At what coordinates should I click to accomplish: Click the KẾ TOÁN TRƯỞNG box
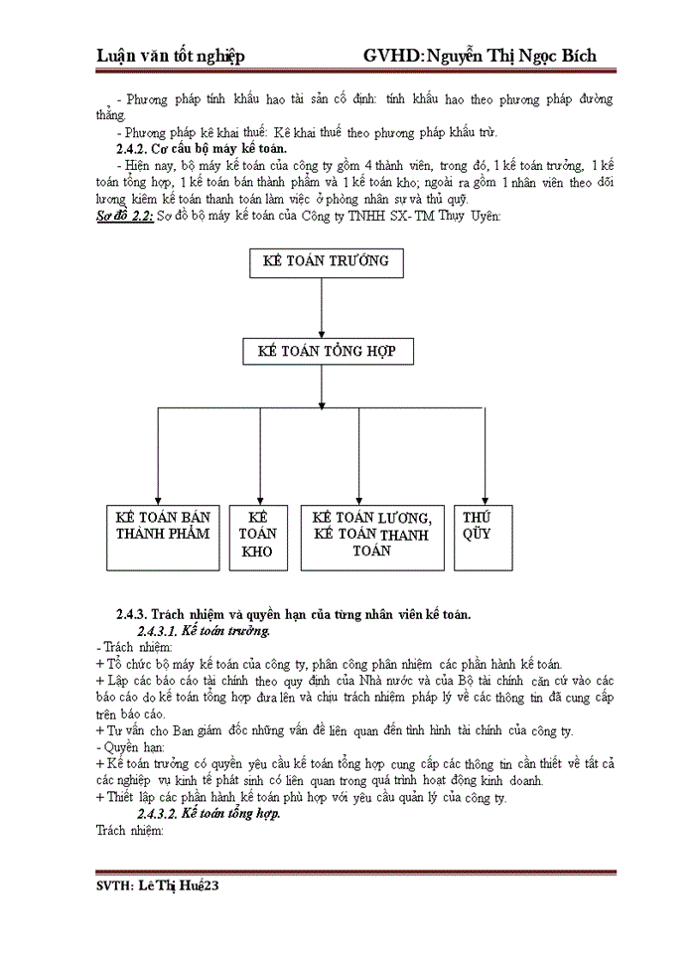320,262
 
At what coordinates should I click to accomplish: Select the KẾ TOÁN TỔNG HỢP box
327,353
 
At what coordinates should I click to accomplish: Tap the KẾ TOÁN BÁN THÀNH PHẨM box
164,537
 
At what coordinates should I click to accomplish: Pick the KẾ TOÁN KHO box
258,537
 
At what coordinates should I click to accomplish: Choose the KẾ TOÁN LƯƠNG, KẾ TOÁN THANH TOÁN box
371,537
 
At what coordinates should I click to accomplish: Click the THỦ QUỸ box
478,537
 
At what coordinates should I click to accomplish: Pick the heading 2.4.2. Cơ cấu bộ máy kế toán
202,148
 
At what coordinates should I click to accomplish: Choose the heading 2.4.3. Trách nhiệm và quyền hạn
293,613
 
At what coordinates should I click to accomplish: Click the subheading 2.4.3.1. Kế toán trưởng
204,631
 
